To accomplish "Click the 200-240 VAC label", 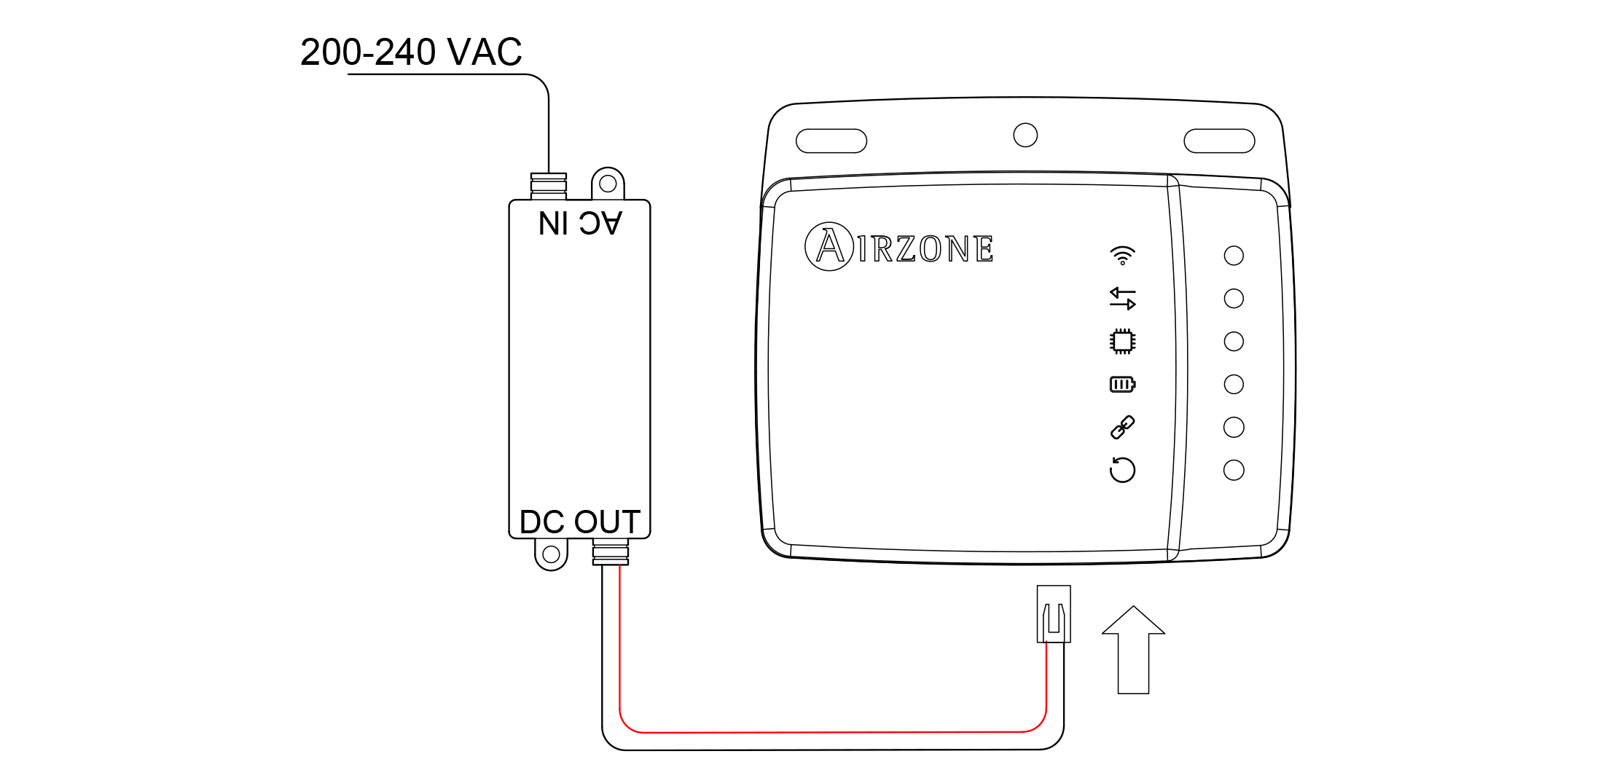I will [x=411, y=52].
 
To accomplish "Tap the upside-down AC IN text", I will [x=580, y=224].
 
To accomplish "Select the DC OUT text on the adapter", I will [x=580, y=522].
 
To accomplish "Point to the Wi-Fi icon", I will [x=1122, y=255].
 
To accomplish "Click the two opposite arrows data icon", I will [x=1122, y=298].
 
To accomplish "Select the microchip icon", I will [x=1122, y=341].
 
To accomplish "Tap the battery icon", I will [x=1122, y=384].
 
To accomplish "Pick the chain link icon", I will [x=1122, y=427].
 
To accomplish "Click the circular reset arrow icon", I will [x=1122, y=470].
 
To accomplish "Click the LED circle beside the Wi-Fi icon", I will [x=1234, y=256].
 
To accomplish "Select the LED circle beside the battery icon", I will [x=1234, y=384].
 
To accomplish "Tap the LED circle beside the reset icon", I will [x=1234, y=470].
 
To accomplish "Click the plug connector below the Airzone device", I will [x=1054, y=614].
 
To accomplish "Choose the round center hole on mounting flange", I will [x=1025, y=135].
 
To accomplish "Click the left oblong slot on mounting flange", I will [x=831, y=141].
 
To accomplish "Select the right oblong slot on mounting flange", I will [x=1219, y=141].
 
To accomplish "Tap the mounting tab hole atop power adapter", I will [x=608, y=184].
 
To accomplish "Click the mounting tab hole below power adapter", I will [x=551, y=554].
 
